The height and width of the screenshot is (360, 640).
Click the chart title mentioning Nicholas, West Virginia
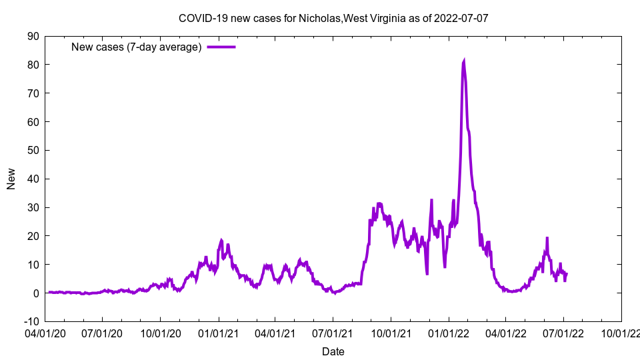[x=333, y=18]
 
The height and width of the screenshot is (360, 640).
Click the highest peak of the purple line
[x=464, y=61]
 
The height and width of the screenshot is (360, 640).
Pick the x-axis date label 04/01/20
[x=45, y=331]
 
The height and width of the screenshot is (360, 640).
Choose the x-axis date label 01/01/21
[x=218, y=331]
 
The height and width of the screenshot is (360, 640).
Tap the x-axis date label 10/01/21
[x=391, y=331]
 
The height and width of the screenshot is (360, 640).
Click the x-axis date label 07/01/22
[x=563, y=331]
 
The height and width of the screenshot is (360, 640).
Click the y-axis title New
[x=11, y=179]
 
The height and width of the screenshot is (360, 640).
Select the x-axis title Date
[x=333, y=351]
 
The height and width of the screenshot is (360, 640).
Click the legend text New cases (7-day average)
[x=136, y=47]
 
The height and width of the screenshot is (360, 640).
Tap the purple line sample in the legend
[x=221, y=47]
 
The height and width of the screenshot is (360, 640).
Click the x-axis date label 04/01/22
[x=505, y=331]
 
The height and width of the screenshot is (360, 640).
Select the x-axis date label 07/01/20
[x=103, y=331]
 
